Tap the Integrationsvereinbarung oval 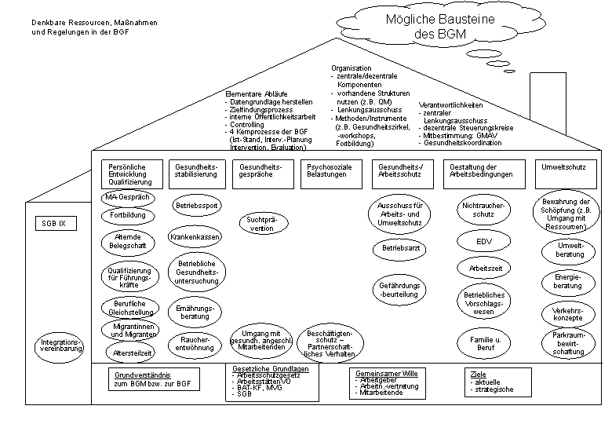(x=58, y=346)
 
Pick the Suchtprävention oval (x=263, y=224)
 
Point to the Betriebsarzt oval (x=401, y=248)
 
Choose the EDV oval (x=483, y=240)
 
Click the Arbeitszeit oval (x=483, y=268)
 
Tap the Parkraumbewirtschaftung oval (x=568, y=344)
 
